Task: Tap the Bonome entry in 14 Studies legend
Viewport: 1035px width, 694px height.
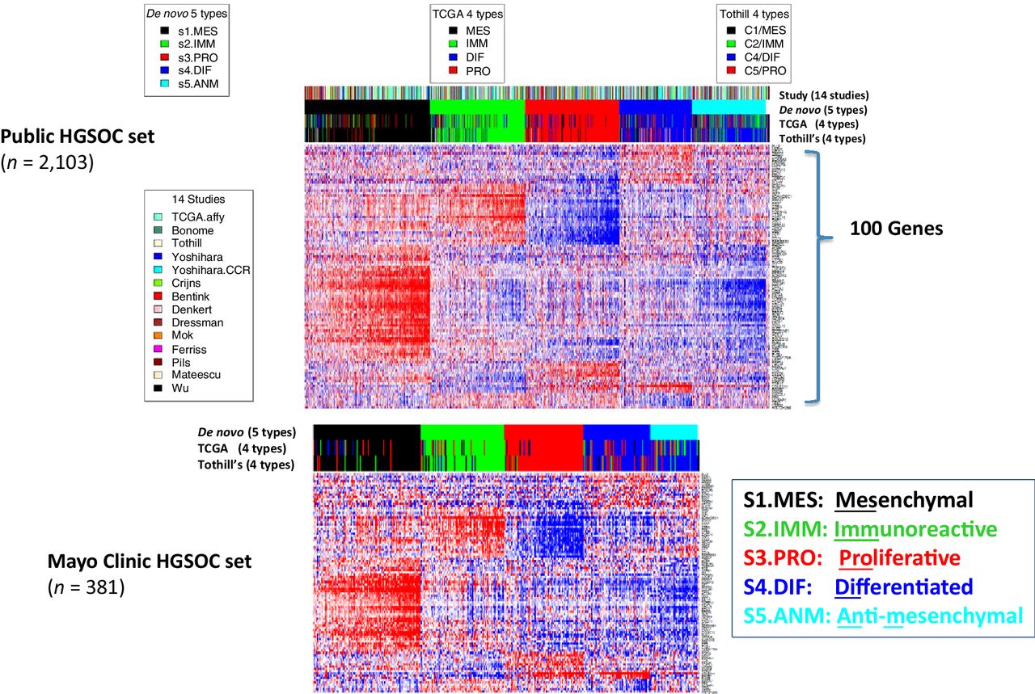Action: [x=192, y=230]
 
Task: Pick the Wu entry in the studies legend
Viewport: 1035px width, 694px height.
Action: [x=180, y=388]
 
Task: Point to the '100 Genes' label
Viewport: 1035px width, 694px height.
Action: [x=896, y=229]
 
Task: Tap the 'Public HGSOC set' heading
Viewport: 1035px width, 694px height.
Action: [x=78, y=136]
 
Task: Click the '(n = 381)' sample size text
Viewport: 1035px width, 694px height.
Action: [x=86, y=588]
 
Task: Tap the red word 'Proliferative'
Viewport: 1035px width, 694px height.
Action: [x=899, y=558]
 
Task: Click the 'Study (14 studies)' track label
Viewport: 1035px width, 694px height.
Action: [x=824, y=95]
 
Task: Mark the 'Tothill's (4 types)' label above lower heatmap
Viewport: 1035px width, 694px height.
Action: [x=246, y=464]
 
